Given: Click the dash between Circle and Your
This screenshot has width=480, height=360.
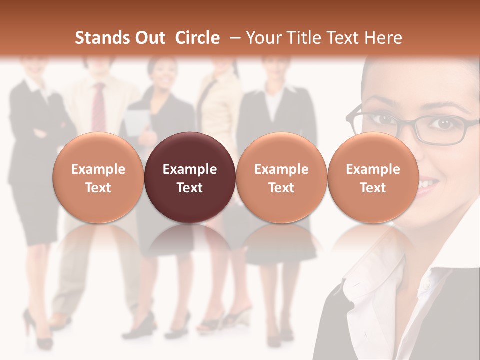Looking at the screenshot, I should (x=235, y=38).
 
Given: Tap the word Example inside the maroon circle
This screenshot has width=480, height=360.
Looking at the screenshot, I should (x=190, y=169).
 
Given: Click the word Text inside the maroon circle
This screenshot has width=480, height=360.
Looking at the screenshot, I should (x=190, y=188).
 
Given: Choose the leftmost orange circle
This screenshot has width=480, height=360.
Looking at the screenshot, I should (x=98, y=178).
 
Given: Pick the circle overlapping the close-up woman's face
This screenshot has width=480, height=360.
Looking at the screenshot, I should (x=373, y=178).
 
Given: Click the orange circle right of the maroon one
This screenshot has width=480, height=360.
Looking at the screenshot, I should (x=281, y=178).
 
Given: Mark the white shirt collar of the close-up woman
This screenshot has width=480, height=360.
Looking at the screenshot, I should (x=380, y=280).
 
